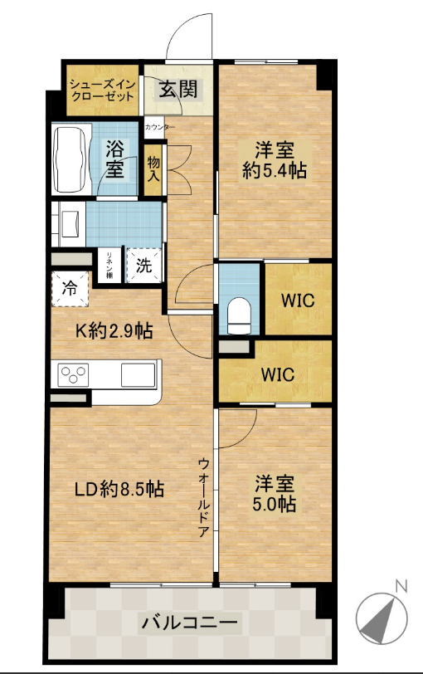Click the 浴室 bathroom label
pyautogui.click(x=115, y=159)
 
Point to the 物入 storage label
pyautogui.click(x=154, y=169)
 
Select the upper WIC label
pyautogui.click(x=298, y=300)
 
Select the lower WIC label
pyautogui.click(x=276, y=374)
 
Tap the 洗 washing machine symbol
pyautogui.click(x=143, y=267)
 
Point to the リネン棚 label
pyautogui.click(x=108, y=266)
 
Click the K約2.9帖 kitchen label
pyautogui.click(x=114, y=331)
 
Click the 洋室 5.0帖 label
pyautogui.click(x=275, y=493)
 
